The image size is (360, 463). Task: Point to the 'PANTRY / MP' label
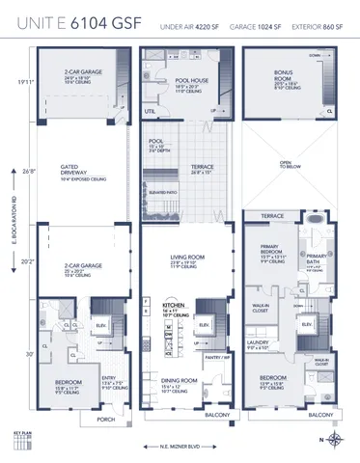[x=220, y=357]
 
